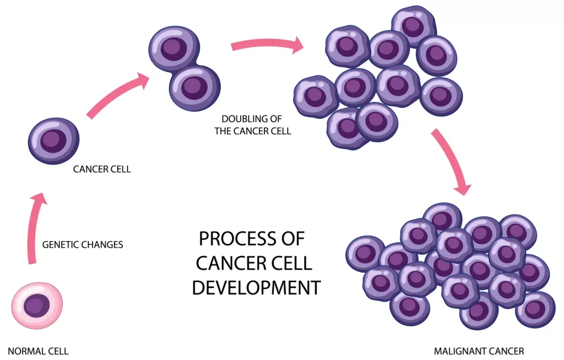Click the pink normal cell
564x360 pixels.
point(37,306)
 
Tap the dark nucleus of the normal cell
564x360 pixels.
point(37,305)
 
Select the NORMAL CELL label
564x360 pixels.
point(38,351)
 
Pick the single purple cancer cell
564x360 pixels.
point(53,140)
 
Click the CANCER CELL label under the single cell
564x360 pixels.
point(102,169)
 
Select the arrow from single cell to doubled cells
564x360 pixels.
point(118,97)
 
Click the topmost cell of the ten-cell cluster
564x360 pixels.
point(414,25)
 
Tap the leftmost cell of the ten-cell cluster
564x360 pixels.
point(316,96)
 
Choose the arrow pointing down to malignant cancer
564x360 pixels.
point(452,162)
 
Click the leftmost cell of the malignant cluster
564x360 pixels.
point(365,254)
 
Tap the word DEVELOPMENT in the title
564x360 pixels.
point(256,287)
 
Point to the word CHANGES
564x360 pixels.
point(104,244)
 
